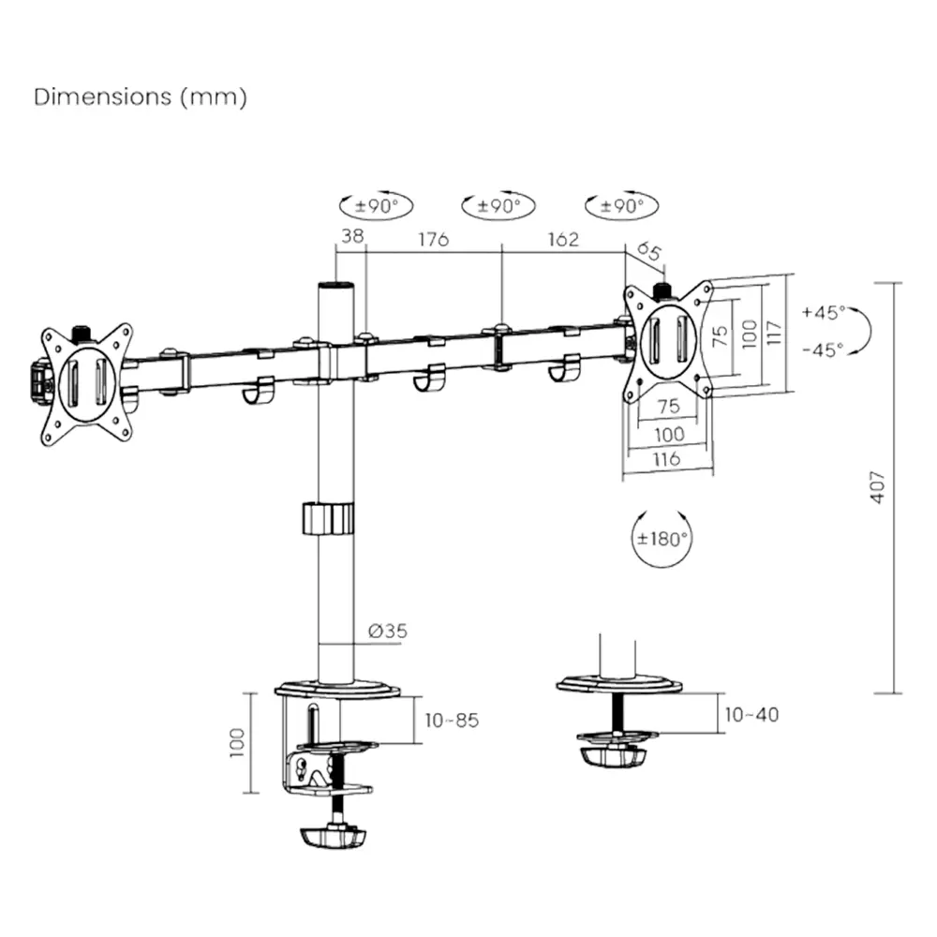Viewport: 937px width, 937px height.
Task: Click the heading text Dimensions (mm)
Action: pyautogui.click(x=141, y=97)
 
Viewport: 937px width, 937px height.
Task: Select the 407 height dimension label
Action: pyautogui.click(x=877, y=486)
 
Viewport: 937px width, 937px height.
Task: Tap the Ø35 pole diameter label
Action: pyautogui.click(x=388, y=632)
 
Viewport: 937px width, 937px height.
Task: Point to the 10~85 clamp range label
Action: pyautogui.click(x=452, y=721)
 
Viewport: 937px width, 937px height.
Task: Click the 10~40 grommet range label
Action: pyautogui.click(x=751, y=715)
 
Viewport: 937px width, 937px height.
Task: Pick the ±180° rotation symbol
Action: pyautogui.click(x=663, y=539)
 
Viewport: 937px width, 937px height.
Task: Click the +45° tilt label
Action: pyautogui.click(x=824, y=312)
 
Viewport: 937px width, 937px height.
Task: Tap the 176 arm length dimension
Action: pyautogui.click(x=432, y=239)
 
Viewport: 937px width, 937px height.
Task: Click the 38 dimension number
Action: pyautogui.click(x=351, y=237)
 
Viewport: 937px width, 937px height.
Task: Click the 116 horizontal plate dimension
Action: pyautogui.click(x=667, y=459)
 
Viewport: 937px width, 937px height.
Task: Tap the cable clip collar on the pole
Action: pyautogui.click(x=329, y=518)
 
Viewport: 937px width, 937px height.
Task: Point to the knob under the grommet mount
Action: pyautogui.click(x=613, y=755)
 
